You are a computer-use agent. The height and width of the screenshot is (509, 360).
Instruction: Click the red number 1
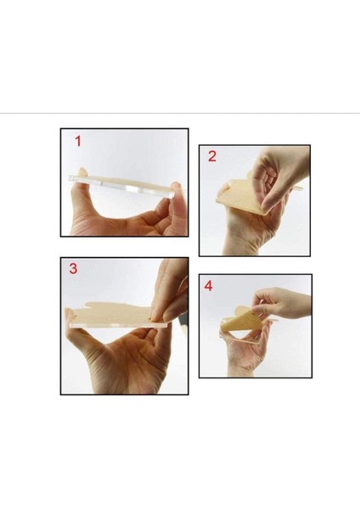pos(78,141)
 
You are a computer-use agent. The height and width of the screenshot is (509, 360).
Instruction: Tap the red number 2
pos(212,156)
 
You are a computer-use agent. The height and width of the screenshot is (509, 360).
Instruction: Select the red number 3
pos(73,269)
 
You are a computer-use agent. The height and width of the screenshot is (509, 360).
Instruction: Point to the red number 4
pos(208,286)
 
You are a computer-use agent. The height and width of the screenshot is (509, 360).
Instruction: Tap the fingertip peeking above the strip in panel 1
pos(82,171)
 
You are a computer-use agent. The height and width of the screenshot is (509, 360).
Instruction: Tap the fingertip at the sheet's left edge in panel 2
pos(224,187)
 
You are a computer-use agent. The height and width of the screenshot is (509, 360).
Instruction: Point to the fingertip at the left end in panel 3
pos(70,314)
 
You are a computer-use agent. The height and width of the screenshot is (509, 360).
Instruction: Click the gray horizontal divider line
pos(180,114)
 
